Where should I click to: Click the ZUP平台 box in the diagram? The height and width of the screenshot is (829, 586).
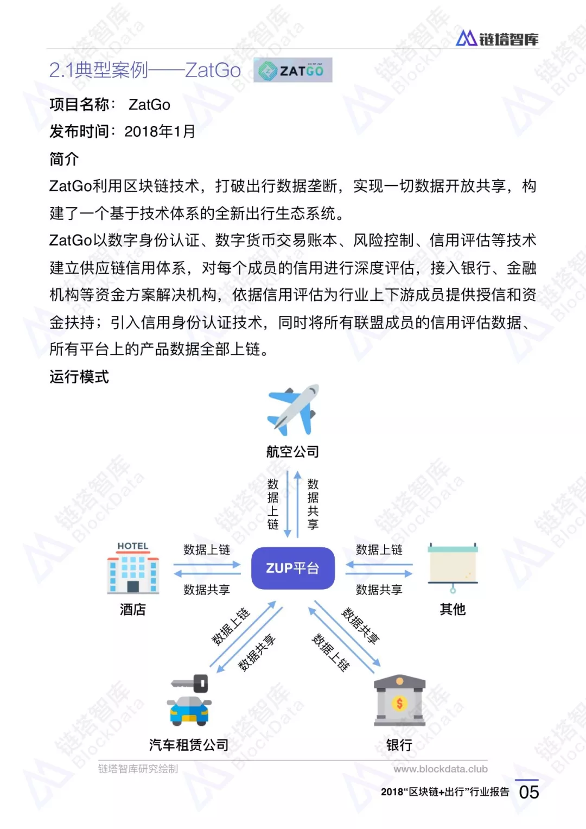tap(292, 568)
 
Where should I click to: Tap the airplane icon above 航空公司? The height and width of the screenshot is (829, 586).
tap(293, 410)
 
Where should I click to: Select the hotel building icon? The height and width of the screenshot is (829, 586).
tap(133, 568)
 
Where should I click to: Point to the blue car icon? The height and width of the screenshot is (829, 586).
tap(189, 710)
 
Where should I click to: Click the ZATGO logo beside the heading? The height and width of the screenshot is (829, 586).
tap(292, 70)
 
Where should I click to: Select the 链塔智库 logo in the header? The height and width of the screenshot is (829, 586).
tap(497, 38)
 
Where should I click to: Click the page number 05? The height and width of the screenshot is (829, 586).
tap(528, 793)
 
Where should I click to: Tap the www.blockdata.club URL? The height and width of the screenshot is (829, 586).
tap(440, 769)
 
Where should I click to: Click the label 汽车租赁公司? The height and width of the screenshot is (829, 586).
tap(189, 745)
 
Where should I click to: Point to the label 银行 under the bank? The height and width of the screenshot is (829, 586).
tap(399, 745)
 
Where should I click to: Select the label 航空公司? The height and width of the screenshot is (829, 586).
tap(292, 452)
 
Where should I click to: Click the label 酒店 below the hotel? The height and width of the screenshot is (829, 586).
tap(133, 609)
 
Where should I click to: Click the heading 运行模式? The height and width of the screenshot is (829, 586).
tap(79, 377)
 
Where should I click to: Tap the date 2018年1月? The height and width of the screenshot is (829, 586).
tap(160, 131)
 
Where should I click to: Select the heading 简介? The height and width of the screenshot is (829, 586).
tap(65, 159)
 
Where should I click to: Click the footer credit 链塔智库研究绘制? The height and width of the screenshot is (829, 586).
tap(138, 769)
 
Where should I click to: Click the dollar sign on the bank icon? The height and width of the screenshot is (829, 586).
tap(399, 703)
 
